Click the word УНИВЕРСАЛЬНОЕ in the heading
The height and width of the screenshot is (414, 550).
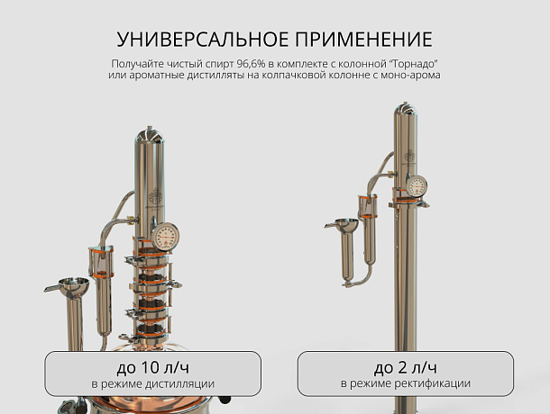tap(203, 39)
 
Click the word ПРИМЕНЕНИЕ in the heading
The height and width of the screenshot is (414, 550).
tap(364, 39)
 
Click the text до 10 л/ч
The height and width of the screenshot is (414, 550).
tap(153, 367)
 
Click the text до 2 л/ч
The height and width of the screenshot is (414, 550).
tap(406, 367)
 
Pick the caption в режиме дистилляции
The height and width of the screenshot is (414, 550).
tap(153, 384)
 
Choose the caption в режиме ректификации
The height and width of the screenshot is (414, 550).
tap(406, 384)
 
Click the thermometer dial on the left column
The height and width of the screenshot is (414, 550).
tap(165, 237)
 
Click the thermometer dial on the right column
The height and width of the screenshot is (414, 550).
tap(417, 186)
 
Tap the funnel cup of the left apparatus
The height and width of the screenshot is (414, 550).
tap(73, 286)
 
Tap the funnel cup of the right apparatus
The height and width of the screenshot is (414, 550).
tap(347, 226)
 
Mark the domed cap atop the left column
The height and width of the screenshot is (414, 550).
tap(150, 135)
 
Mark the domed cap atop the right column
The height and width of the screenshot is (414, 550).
tap(406, 109)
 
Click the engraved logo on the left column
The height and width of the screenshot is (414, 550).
tap(155, 196)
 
